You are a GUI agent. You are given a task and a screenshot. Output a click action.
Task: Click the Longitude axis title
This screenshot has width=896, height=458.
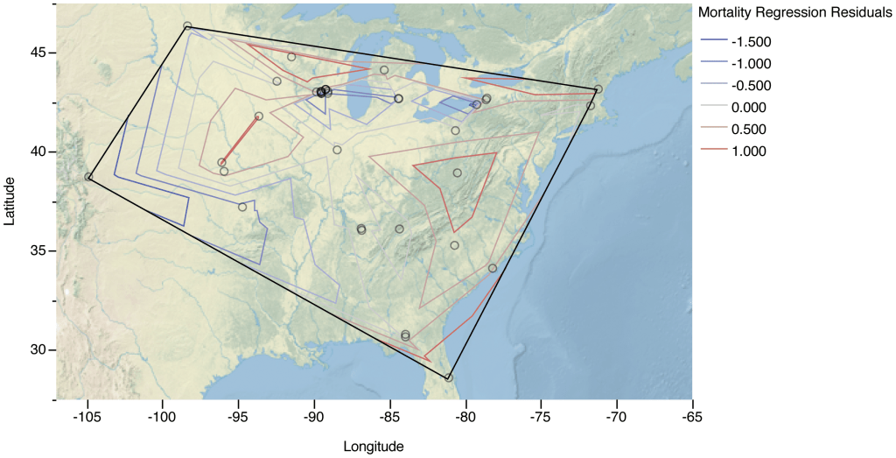(x=374, y=447)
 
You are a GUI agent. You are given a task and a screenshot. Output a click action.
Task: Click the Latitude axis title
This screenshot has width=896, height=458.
(x=10, y=201)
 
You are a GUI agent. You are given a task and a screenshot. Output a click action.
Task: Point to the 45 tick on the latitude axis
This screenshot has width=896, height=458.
(x=38, y=53)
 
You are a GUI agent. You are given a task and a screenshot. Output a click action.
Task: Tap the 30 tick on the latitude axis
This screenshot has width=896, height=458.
(x=38, y=349)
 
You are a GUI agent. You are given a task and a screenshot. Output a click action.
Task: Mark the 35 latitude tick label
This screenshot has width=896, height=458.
(x=38, y=250)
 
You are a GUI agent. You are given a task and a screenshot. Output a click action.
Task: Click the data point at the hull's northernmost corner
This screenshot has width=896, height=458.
(x=187, y=26)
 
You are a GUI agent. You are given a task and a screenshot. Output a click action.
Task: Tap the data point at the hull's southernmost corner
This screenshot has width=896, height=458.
(x=449, y=377)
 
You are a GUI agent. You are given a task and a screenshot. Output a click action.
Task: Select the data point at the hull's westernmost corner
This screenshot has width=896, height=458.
(x=88, y=177)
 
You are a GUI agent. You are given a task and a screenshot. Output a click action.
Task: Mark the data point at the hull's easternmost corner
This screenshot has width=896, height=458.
(x=598, y=89)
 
